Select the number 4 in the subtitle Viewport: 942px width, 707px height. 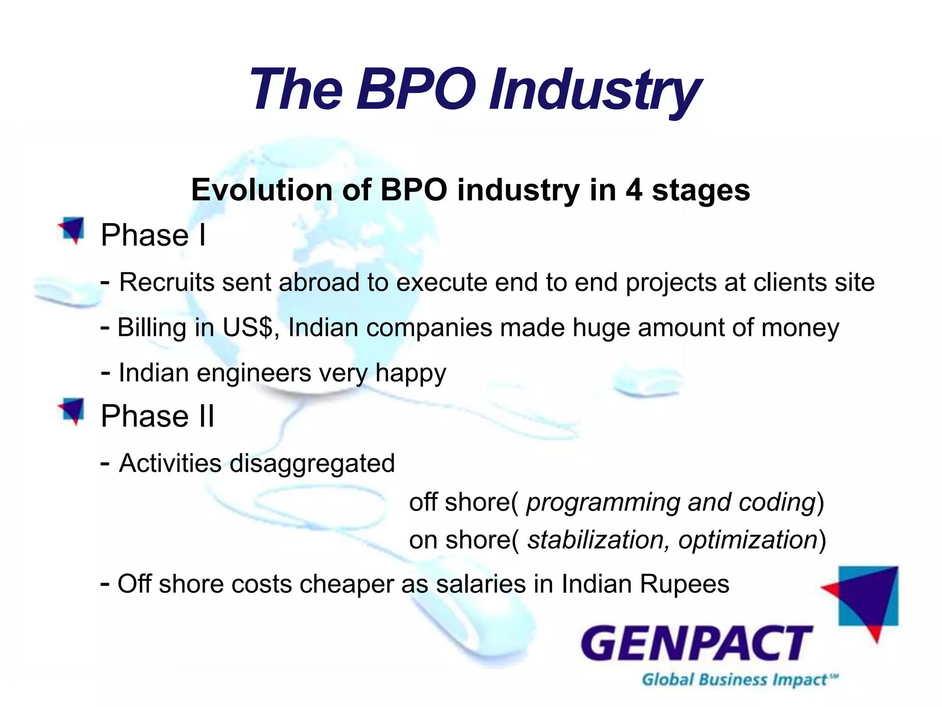click(633, 190)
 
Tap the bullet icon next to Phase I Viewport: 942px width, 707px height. click(72, 230)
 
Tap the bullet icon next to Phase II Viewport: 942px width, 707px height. click(72, 411)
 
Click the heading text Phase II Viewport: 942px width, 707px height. click(157, 416)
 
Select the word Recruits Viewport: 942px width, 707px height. click(167, 282)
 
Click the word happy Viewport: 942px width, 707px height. click(410, 373)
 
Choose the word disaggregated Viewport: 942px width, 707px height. click(312, 463)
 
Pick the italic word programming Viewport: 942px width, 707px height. click(603, 502)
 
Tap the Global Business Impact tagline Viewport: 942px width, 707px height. click(738, 680)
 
